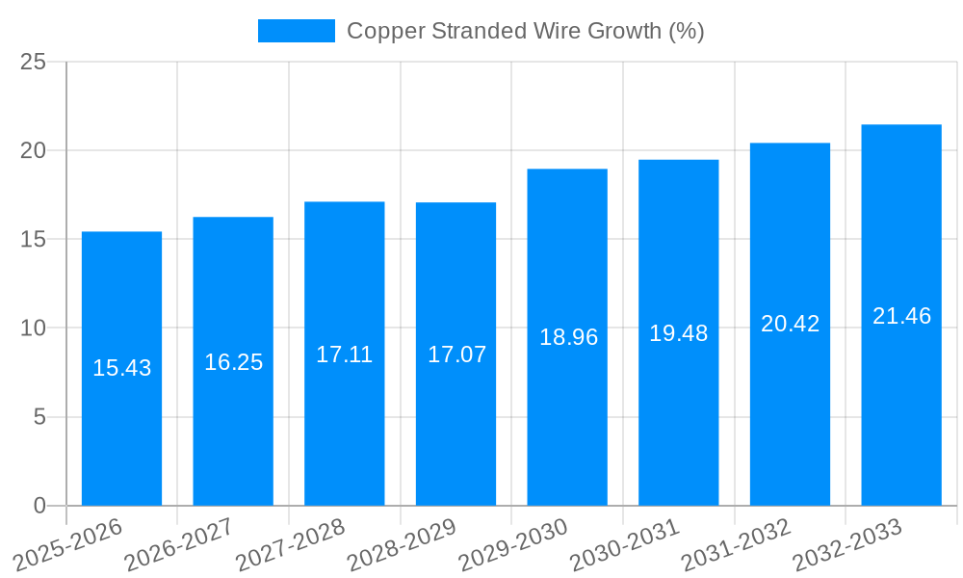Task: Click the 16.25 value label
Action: pos(233,362)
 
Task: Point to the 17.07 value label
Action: pos(456,355)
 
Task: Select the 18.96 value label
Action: pos(568,337)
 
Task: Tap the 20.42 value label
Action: pos(790,324)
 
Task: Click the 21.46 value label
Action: pos(901,316)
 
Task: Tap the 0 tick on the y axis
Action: pos(39,506)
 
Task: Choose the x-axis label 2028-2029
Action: pos(403,544)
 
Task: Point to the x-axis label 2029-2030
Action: pos(514,544)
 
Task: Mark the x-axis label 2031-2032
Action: pos(737,544)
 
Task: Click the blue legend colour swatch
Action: pos(296,31)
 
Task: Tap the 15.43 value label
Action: pos(121,368)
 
